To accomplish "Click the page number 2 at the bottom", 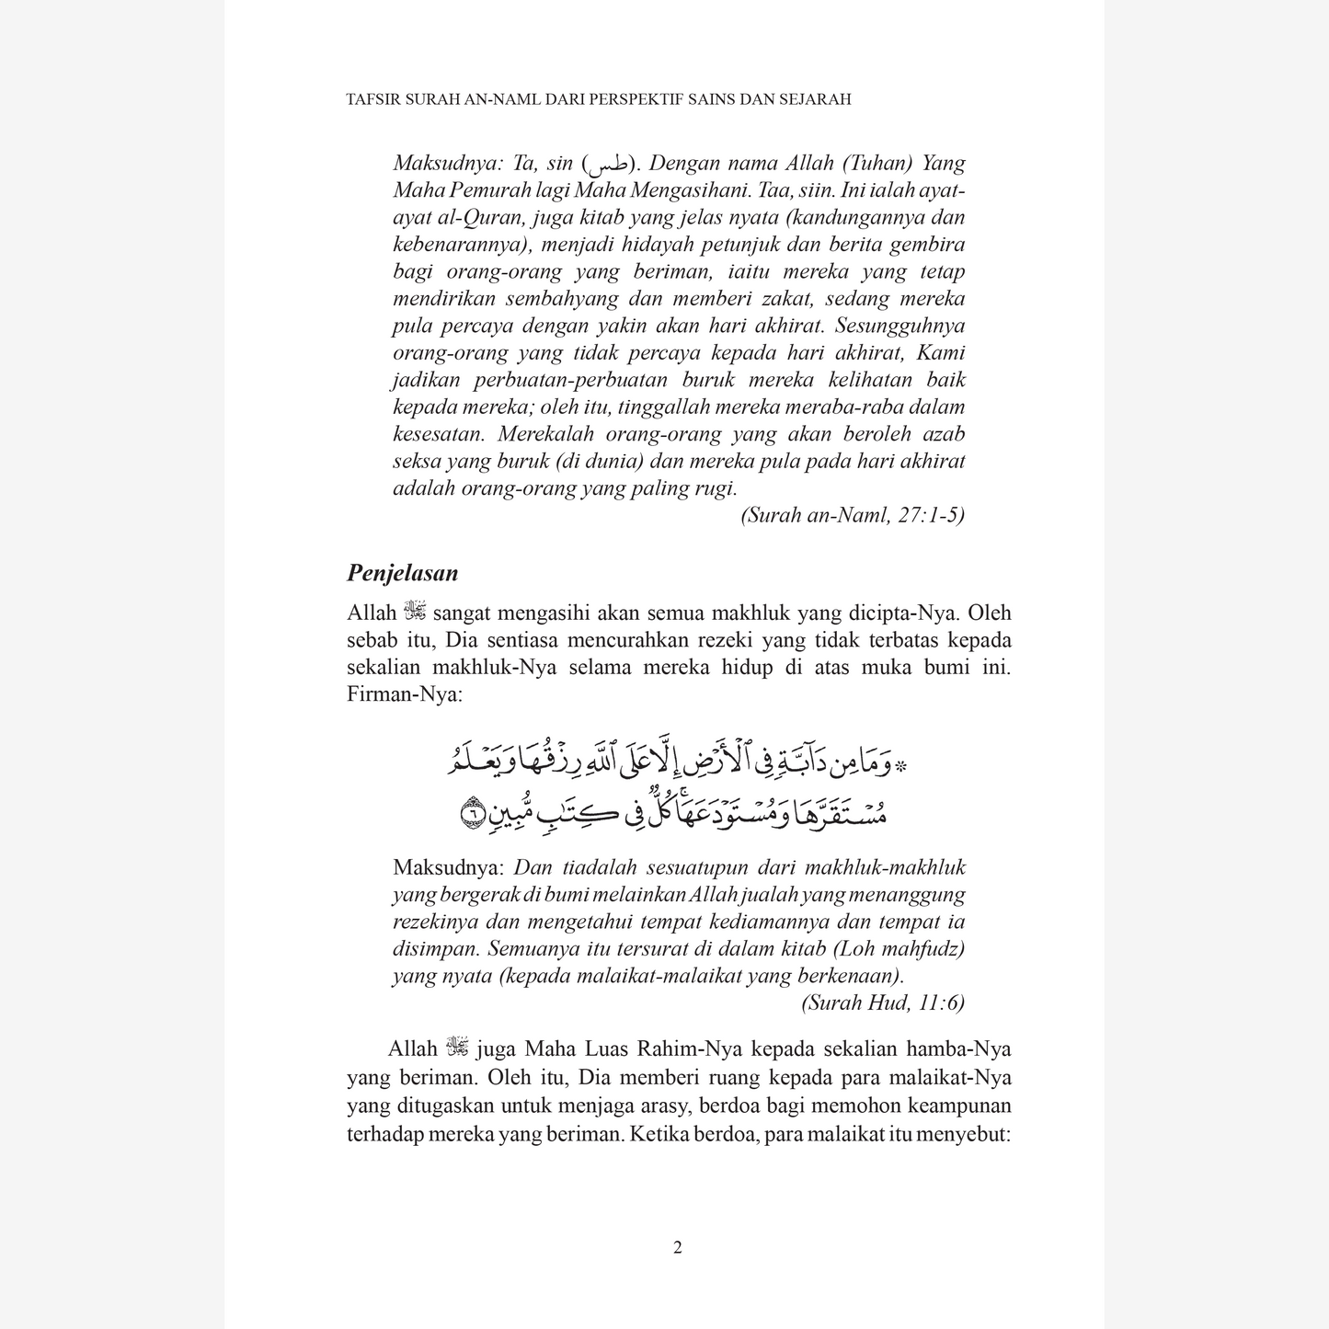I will click(678, 1248).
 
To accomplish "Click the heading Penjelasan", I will click(402, 573).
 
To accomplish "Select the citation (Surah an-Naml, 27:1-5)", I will click(853, 515).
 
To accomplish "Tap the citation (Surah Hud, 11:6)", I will click(883, 1002).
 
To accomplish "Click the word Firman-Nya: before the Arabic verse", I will click(404, 694).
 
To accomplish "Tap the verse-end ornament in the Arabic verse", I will click(470, 813).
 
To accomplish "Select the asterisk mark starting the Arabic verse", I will click(900, 765).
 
